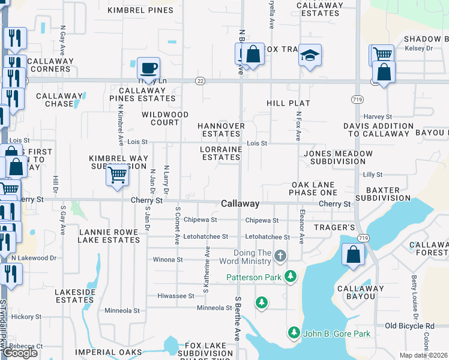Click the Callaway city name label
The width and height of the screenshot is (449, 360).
(x=240, y=204)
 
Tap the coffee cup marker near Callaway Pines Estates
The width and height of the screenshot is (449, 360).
(x=148, y=68)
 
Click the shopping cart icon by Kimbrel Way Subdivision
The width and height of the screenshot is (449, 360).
(x=117, y=175)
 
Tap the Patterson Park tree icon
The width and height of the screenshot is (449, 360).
(x=291, y=276)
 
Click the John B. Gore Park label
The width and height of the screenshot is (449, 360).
(x=337, y=334)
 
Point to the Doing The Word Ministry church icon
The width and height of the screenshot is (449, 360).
(x=280, y=257)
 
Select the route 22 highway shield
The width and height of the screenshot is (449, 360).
(x=200, y=81)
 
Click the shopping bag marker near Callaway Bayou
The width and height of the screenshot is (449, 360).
(x=354, y=254)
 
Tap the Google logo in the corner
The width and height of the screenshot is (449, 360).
(x=20, y=353)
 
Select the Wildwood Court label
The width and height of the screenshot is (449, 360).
(x=165, y=118)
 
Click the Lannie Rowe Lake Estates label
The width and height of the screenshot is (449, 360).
(x=109, y=235)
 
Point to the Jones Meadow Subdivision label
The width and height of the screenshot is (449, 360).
(x=338, y=157)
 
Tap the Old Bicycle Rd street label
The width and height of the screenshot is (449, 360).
(x=409, y=326)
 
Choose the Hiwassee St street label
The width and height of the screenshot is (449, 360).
(x=175, y=296)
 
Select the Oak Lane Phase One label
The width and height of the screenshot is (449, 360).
(x=313, y=188)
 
